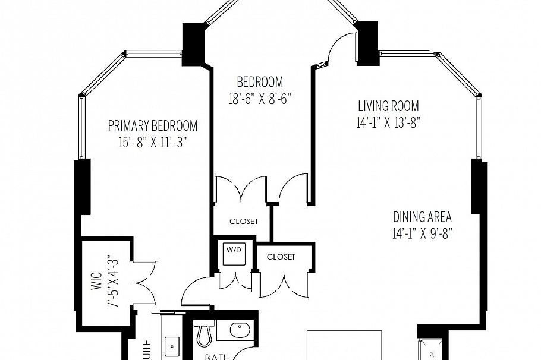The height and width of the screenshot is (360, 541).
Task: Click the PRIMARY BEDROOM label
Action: pyautogui.click(x=152, y=126)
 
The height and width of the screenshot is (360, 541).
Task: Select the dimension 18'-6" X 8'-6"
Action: pyautogui.click(x=260, y=98)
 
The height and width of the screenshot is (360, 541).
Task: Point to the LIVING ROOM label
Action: pyautogui.click(x=388, y=106)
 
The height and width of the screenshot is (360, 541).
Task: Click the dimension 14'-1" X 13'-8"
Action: pyautogui.click(x=388, y=123)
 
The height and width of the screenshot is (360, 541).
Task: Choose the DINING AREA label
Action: pyautogui.click(x=422, y=217)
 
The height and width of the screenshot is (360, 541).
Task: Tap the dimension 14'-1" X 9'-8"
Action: pyautogui.click(x=422, y=233)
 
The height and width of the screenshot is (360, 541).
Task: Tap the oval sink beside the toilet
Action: pyautogui.click(x=240, y=330)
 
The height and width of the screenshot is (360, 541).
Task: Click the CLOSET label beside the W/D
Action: pyautogui.click(x=281, y=257)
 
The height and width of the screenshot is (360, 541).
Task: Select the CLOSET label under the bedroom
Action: pyautogui.click(x=244, y=222)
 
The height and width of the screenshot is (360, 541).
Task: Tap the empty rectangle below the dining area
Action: pyautogui.click(x=344, y=345)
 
